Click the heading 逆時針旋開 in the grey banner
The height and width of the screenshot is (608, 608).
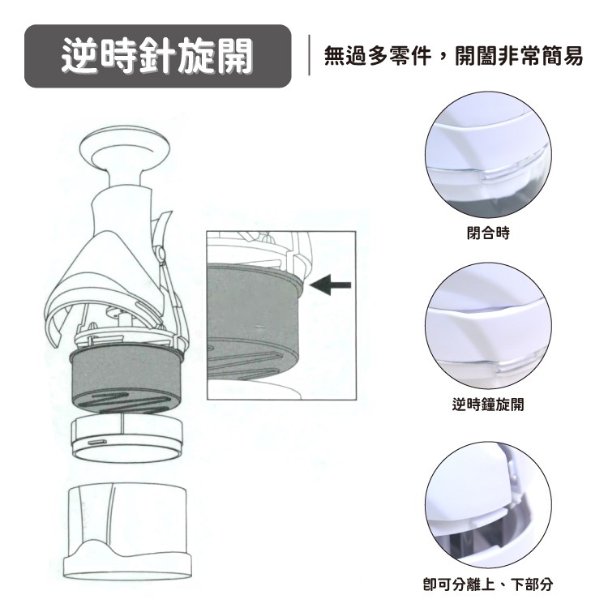click(157, 56)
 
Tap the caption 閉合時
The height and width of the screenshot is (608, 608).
click(488, 233)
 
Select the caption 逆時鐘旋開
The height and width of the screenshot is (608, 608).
click(488, 404)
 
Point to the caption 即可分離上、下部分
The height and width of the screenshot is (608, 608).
click(488, 584)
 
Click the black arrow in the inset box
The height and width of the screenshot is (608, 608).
click(331, 285)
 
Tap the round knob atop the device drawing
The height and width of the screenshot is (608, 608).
click(125, 148)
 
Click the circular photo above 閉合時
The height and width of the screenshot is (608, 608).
click(488, 156)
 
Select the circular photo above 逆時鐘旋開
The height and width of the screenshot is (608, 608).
click(488, 326)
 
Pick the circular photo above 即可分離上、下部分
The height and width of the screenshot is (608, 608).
click(488, 505)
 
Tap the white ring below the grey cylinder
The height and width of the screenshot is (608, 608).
click(126, 438)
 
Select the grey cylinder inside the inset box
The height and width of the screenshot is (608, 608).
click(254, 320)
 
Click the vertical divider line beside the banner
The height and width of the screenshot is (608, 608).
click(309, 54)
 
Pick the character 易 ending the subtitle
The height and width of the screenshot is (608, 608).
click(572, 56)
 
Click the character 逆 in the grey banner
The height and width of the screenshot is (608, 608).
click(79, 56)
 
